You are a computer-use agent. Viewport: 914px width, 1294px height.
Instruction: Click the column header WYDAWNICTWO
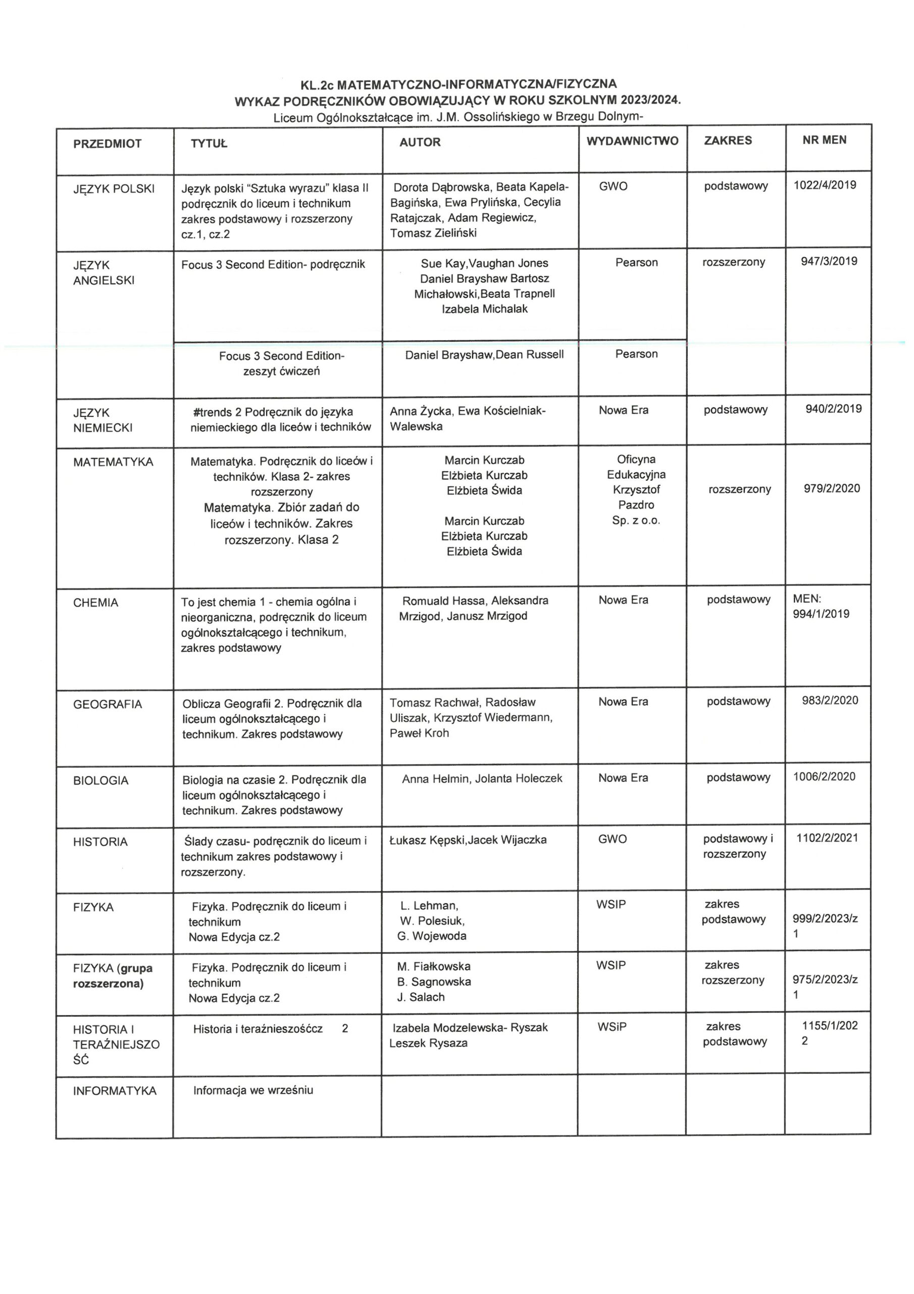point(632,141)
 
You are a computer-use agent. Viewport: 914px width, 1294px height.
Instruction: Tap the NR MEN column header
point(824,140)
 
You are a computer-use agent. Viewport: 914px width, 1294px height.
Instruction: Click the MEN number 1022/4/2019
point(825,185)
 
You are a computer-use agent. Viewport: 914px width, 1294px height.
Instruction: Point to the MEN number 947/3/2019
point(829,261)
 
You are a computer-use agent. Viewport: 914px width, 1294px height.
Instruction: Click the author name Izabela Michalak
point(484,309)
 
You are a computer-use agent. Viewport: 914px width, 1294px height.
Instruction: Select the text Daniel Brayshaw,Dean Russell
point(484,354)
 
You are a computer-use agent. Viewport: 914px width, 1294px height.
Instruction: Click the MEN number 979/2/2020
point(831,488)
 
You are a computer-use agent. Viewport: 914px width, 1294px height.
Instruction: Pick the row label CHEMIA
point(96,603)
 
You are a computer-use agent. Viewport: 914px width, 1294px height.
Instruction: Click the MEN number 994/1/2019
point(821,614)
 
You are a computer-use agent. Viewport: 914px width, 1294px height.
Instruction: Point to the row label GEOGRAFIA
point(108,704)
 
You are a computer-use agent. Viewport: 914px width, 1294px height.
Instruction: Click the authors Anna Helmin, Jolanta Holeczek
point(482,778)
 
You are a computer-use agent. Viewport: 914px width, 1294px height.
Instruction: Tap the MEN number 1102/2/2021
point(827,838)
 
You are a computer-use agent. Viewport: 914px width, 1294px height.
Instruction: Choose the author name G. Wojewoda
point(431,936)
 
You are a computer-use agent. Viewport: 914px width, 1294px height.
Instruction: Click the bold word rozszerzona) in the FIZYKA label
point(108,984)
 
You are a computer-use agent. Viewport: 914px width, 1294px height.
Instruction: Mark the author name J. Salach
point(421,997)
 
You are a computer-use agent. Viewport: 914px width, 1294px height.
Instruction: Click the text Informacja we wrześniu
point(253,1090)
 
